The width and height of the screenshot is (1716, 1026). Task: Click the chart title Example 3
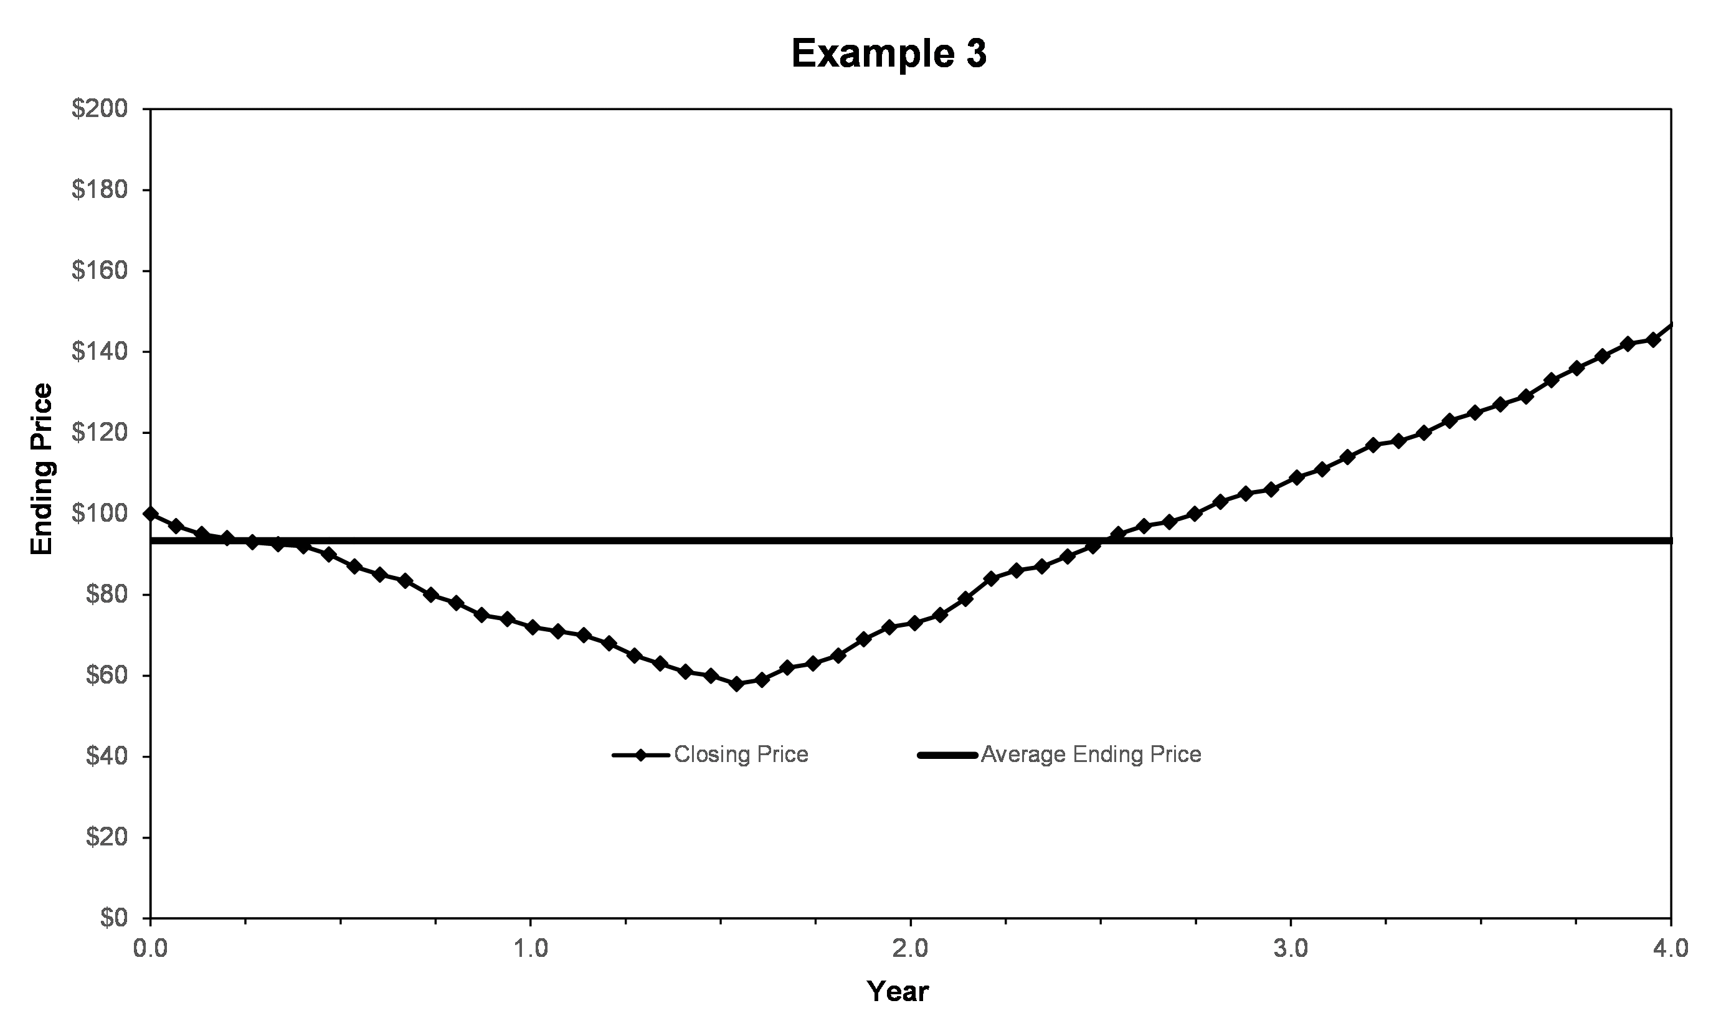(889, 54)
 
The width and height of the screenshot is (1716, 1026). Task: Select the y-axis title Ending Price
(42, 469)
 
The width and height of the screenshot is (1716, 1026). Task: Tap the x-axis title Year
(898, 991)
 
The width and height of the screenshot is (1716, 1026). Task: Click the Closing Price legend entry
(710, 755)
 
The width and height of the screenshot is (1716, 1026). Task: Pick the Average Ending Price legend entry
(1059, 755)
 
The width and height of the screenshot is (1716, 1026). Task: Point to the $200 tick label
(100, 109)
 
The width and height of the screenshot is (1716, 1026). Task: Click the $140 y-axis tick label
(100, 352)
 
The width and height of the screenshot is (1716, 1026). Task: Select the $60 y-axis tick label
(107, 675)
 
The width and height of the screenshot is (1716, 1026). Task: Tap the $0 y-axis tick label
(114, 918)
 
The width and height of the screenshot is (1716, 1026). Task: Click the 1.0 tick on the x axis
(531, 948)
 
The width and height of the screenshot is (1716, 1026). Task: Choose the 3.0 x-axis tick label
(1291, 948)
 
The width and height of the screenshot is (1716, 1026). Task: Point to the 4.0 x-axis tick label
(1671, 948)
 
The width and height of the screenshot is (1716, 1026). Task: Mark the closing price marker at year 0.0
(150, 514)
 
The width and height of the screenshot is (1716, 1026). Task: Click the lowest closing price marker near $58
(737, 684)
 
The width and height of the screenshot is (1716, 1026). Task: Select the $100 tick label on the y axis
(100, 514)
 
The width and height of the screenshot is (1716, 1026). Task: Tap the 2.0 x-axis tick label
(911, 948)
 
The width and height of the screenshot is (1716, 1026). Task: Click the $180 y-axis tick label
(100, 190)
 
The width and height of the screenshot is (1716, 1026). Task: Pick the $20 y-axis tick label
(107, 837)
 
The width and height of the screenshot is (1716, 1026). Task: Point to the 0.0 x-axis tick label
(150, 948)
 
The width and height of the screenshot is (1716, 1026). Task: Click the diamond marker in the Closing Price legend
(641, 755)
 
